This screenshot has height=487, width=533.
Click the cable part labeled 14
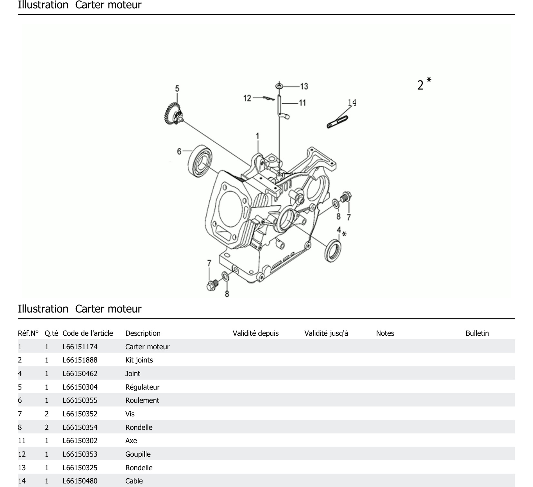(337, 122)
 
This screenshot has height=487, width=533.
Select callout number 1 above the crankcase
(257, 136)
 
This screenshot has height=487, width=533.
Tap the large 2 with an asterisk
(424, 84)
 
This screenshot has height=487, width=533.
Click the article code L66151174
(80, 347)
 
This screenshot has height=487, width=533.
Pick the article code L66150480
(80, 481)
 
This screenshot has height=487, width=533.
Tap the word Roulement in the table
(142, 400)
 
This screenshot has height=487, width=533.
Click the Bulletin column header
(477, 333)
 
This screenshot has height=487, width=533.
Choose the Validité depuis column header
(256, 333)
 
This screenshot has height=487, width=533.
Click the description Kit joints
(139, 360)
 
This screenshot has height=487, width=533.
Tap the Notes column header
(385, 333)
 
